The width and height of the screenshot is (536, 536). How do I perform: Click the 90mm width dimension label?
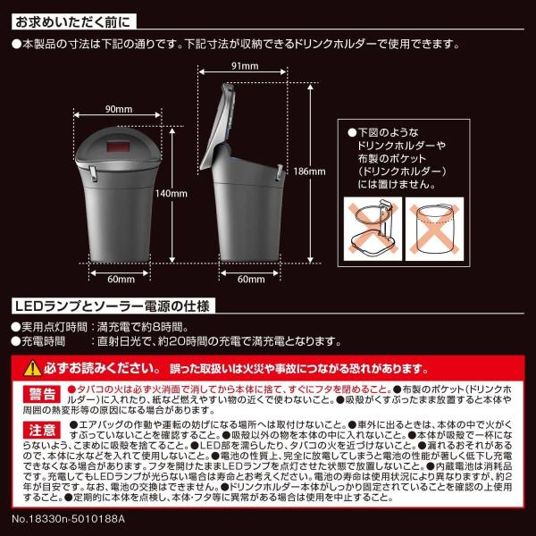(x=118, y=109)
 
